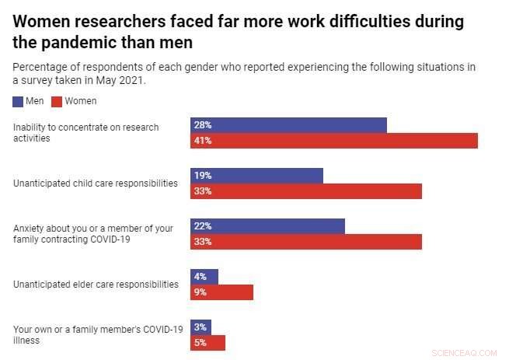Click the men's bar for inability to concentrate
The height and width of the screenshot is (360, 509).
click(288, 125)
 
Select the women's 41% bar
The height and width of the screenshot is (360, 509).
click(334, 141)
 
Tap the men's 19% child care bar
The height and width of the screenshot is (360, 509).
click(256, 176)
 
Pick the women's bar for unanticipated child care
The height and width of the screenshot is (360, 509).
click(306, 191)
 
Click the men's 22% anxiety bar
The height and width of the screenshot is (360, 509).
click(267, 226)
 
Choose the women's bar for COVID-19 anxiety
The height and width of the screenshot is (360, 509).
click(306, 242)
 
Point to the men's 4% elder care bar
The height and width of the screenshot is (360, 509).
click(204, 277)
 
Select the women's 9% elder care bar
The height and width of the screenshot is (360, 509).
click(221, 292)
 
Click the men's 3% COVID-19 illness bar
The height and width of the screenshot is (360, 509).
click(200, 327)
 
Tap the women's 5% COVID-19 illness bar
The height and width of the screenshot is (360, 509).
click(207, 343)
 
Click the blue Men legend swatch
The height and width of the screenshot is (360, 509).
click(19, 101)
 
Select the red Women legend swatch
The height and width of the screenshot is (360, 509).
click(57, 101)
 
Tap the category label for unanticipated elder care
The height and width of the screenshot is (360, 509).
click(96, 285)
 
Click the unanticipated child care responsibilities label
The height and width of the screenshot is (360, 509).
click(96, 183)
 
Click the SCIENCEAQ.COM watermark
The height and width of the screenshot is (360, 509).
click(463, 352)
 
